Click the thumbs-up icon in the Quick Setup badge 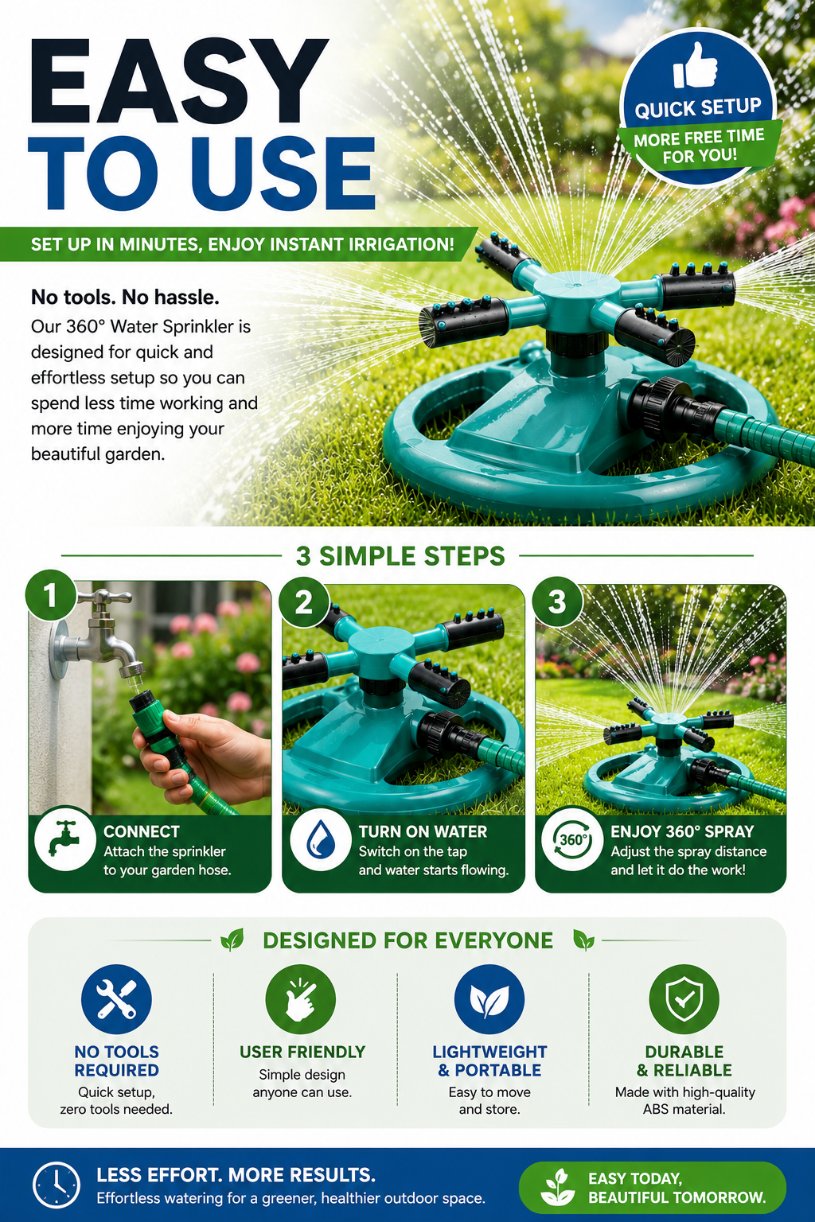(694, 66)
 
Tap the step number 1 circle (51, 595)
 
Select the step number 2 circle (303, 602)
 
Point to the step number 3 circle (557, 602)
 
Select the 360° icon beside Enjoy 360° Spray (571, 839)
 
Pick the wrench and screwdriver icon (116, 999)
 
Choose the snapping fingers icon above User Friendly (300, 999)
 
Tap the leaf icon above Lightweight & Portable (489, 999)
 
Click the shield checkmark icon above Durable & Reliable (684, 999)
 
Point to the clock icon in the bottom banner (57, 1185)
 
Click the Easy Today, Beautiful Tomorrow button (652, 1187)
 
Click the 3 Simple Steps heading (400, 556)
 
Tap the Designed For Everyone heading (407, 940)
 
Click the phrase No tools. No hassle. (125, 298)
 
